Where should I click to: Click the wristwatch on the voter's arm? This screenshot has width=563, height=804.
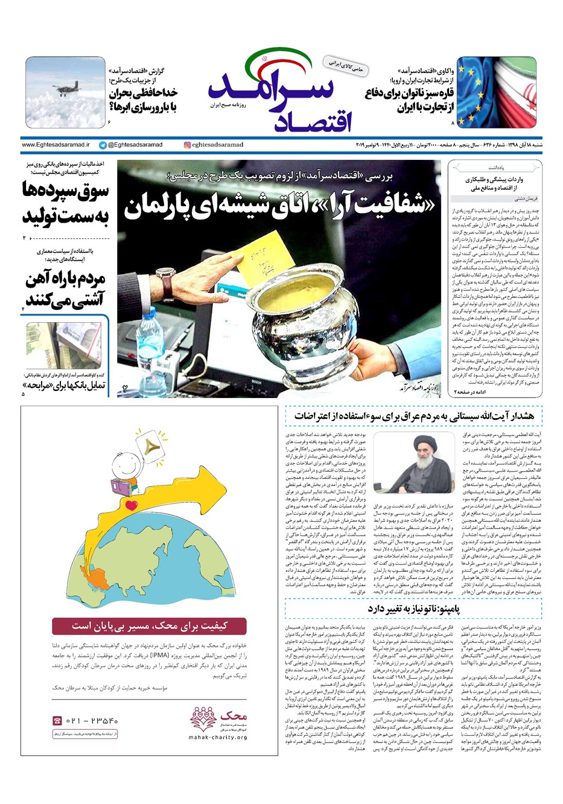[x=165, y=279]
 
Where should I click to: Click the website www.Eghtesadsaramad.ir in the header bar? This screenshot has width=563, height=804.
[x=56, y=145]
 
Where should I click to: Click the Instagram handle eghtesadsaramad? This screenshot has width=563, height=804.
[x=214, y=145]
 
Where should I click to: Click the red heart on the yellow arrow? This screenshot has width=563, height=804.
[x=132, y=505]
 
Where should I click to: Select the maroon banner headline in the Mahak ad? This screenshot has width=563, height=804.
[x=148, y=625]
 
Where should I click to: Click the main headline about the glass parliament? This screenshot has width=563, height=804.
[x=279, y=206]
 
